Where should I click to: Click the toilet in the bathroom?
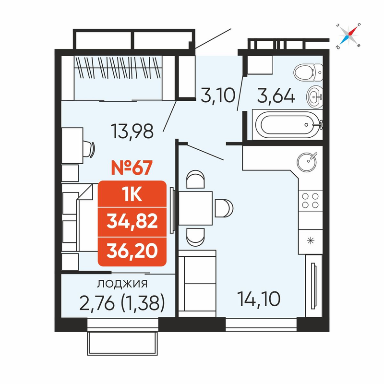point(308,72)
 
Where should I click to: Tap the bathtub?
point(288,125)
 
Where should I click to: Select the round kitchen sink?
point(307,162)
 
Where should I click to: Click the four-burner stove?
point(310,201)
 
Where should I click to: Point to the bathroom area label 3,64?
point(276,96)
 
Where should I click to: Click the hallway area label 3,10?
point(218,95)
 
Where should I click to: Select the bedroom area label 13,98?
point(132,131)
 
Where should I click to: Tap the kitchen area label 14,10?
point(259,299)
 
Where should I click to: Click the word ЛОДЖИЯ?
point(122,284)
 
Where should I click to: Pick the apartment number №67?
point(132,168)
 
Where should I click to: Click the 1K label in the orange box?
point(132,195)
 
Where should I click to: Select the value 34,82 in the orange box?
point(132,222)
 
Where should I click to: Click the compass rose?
point(349,36)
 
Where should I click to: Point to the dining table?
point(195,208)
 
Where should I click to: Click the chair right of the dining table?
point(224,208)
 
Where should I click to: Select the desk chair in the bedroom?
point(89,149)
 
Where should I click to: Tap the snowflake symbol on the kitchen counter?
point(310,241)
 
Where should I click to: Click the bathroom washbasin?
point(314,97)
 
